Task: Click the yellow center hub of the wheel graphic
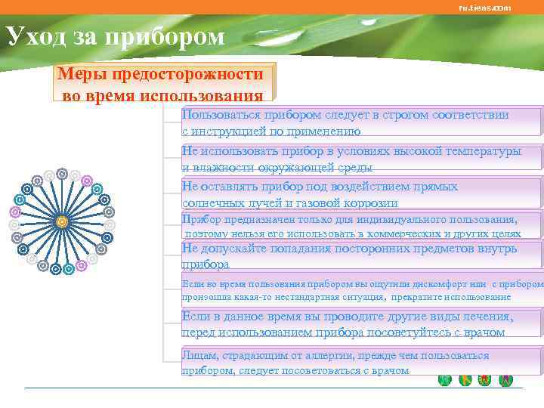pyautogui.click(x=61, y=221)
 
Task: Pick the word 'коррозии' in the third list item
pyautogui.click(x=372, y=202)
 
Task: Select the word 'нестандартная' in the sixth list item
pyautogui.click(x=317, y=297)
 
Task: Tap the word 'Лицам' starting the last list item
pyautogui.click(x=199, y=355)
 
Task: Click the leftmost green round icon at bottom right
pyautogui.click(x=445, y=380)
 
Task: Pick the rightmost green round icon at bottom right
pyautogui.click(x=505, y=380)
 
